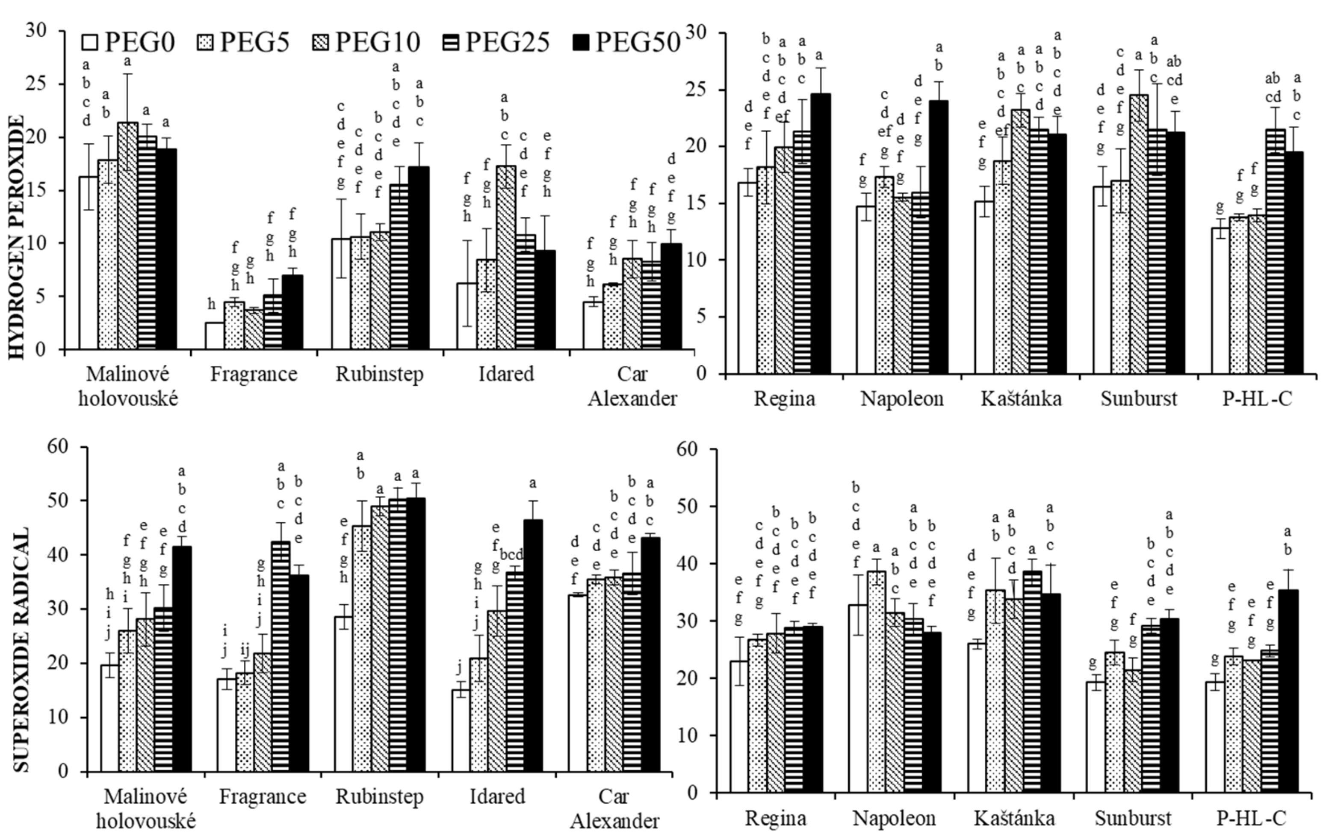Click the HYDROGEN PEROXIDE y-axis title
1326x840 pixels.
coord(17,237)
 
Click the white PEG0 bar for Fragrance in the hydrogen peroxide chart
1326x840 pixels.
coord(215,336)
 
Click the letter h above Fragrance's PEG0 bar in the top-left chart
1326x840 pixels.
coord(212,305)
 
